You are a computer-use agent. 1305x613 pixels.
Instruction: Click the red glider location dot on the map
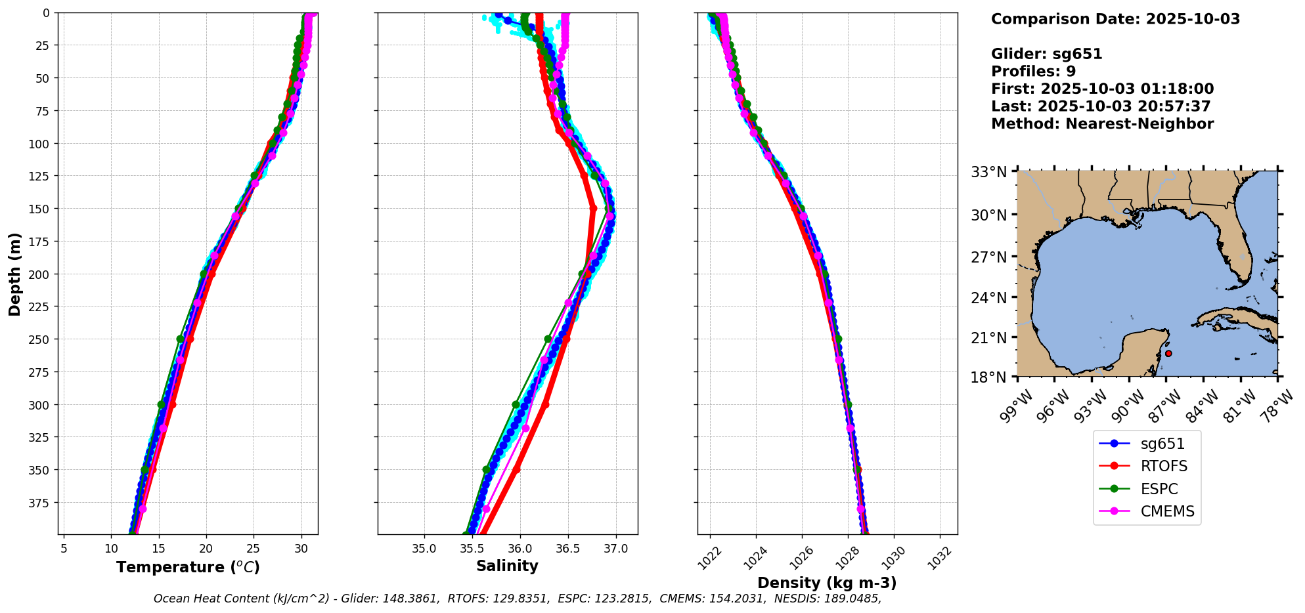pos(1168,354)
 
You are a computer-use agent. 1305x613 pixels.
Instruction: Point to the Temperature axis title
pos(188,567)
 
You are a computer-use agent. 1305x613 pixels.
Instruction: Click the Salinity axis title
pos(507,566)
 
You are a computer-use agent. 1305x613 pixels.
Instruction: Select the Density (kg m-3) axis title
pos(827,583)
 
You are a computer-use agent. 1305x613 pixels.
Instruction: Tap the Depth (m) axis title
pos(14,274)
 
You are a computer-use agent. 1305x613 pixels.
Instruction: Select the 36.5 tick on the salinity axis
pos(567,549)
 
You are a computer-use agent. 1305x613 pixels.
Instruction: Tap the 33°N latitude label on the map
pos(988,172)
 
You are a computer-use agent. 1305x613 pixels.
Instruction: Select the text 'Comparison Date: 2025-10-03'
pos(1115,19)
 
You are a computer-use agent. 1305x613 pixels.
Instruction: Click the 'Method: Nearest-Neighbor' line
pos(1102,123)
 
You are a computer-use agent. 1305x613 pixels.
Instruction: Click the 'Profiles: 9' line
pos(1033,71)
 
